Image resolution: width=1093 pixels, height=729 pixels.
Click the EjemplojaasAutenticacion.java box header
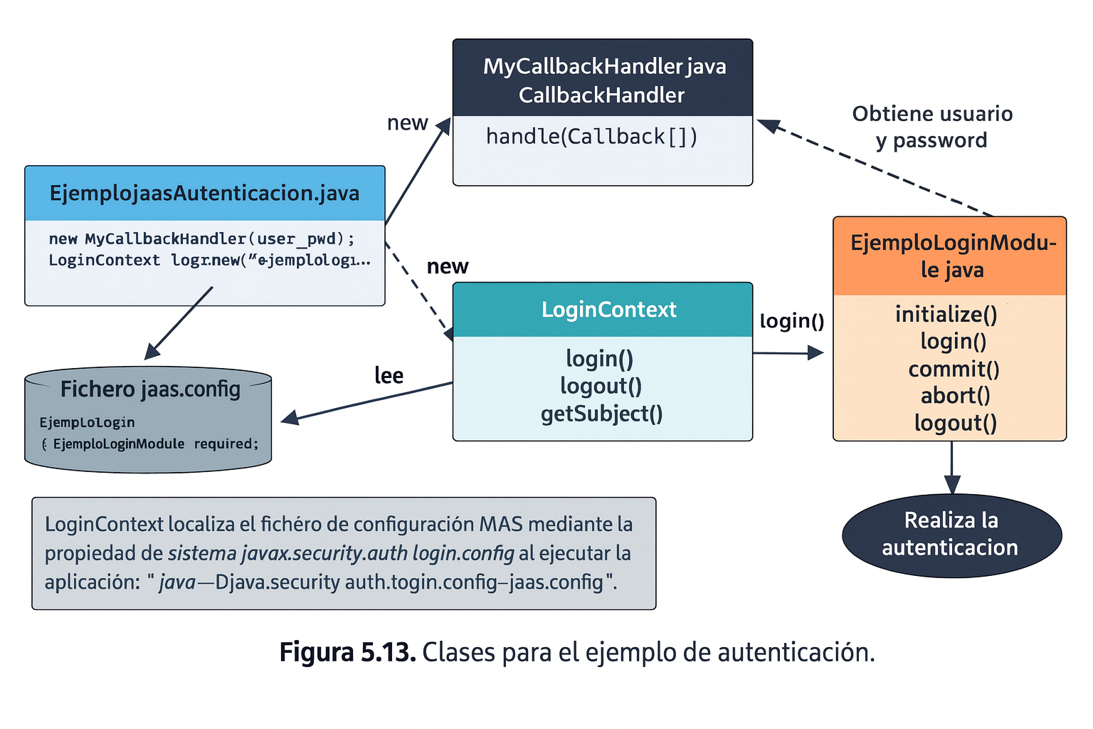(204, 194)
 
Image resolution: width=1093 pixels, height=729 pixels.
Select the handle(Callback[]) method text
(591, 136)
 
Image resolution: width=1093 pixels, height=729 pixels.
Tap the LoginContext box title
(608, 310)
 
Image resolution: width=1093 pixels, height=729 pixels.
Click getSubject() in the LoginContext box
(601, 414)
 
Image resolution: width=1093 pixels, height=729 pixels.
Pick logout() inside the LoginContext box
(601, 386)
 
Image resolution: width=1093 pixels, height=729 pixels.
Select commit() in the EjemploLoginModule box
(954, 369)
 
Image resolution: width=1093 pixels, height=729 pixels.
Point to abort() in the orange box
(955, 396)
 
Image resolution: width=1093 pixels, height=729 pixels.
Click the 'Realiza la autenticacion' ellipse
(951, 534)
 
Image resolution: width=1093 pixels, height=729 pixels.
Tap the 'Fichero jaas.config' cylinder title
(150, 389)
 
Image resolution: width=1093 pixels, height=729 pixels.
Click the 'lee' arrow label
(389, 375)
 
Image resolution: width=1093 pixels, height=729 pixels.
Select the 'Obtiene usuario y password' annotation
(932, 127)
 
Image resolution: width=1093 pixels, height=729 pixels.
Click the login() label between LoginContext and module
(791, 321)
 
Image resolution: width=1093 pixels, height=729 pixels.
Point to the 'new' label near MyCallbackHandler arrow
(407, 123)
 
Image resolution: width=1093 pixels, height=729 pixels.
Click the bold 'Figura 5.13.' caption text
(347, 652)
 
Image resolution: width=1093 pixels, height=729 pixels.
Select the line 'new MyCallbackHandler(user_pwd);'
(201, 238)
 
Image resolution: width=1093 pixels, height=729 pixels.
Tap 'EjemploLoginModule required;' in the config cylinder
(156, 444)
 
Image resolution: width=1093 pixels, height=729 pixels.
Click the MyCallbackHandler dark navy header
(603, 80)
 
